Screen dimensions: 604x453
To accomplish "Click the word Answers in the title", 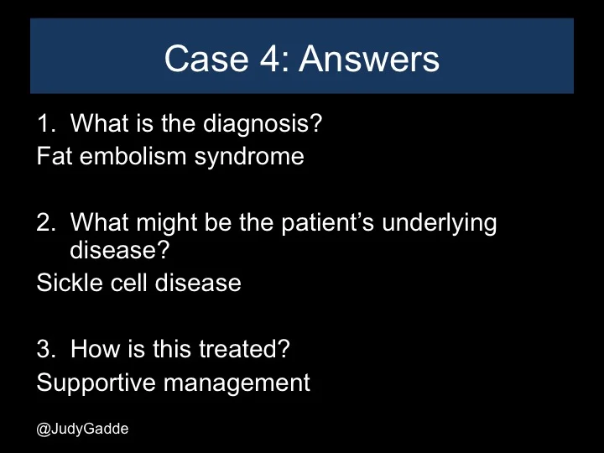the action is pos(369,59).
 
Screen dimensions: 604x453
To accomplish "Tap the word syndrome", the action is pos(249,156).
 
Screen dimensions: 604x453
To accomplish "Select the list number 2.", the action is pos(44,223).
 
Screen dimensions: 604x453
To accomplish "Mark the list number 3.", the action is pos(44,348).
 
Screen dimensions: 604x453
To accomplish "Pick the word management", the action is pos(237,383).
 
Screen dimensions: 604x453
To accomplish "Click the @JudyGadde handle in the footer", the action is pos(82,428).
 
